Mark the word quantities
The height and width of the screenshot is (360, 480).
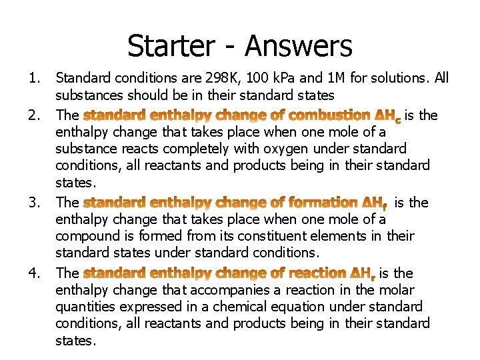pos(91,307)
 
